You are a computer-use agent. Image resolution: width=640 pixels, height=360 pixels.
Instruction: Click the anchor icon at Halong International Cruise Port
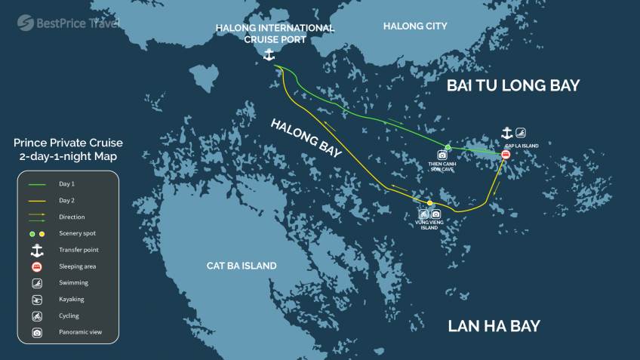click(x=268, y=54)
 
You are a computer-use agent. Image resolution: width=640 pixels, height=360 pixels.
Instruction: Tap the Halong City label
click(x=415, y=26)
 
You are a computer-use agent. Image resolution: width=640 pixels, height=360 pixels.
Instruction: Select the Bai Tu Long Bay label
click(x=513, y=85)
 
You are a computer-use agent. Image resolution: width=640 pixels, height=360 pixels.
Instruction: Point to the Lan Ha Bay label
click(x=494, y=326)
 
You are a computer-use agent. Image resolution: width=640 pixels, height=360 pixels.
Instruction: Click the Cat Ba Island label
click(x=242, y=266)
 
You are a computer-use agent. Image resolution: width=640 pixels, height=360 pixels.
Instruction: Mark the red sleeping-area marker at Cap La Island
click(x=506, y=155)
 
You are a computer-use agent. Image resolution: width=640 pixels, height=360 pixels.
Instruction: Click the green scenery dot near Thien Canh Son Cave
click(x=448, y=147)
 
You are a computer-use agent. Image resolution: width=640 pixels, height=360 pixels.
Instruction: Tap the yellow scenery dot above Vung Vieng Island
click(x=430, y=204)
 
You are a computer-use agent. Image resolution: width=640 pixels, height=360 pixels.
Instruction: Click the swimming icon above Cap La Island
click(x=521, y=134)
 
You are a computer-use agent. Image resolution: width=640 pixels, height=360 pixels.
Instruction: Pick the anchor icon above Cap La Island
click(x=506, y=134)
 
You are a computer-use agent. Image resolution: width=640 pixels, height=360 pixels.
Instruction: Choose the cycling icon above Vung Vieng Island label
click(x=424, y=214)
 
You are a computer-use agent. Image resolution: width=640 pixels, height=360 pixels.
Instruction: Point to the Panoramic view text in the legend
click(x=80, y=332)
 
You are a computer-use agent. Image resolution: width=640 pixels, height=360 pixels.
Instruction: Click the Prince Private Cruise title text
click(x=68, y=149)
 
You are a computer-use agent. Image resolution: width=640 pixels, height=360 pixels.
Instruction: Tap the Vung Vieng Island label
click(x=430, y=223)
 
